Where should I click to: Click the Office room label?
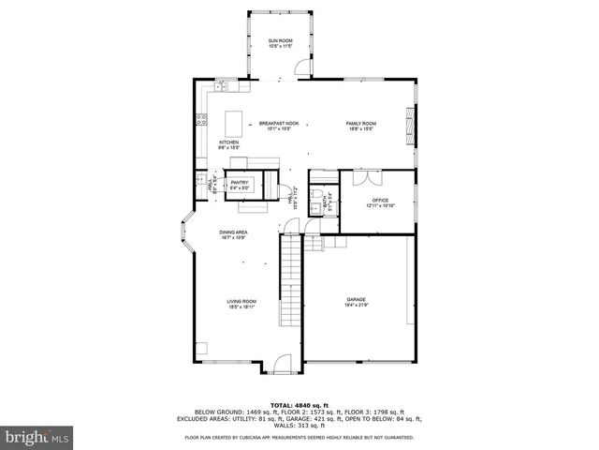point(379,202)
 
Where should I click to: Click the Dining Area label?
point(233,234)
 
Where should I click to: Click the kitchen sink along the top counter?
point(223,87)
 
